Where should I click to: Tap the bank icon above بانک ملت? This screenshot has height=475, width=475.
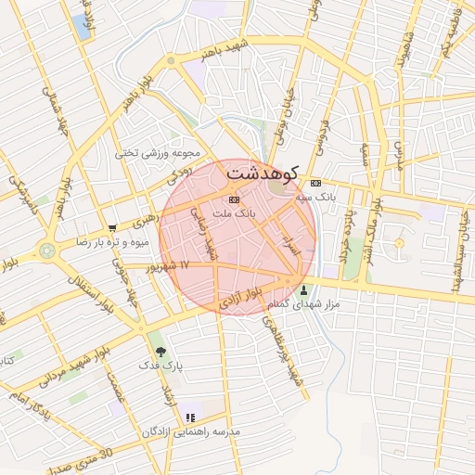pyautogui.click(x=234, y=199)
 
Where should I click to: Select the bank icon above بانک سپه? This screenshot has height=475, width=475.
pyautogui.click(x=315, y=183)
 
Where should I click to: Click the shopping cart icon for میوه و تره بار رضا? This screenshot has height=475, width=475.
pyautogui.click(x=113, y=227)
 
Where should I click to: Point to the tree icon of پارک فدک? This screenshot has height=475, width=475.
pyautogui.click(x=161, y=352)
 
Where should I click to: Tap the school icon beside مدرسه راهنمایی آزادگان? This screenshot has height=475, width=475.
pyautogui.click(x=190, y=418)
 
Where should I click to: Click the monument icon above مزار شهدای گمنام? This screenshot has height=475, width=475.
pyautogui.click(x=305, y=290)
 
